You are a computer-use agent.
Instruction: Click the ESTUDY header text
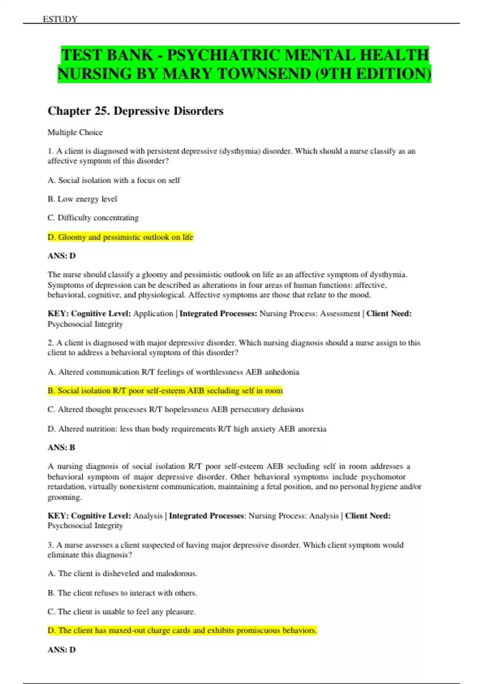point(60,19)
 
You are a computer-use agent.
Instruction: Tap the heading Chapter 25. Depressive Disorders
point(135,111)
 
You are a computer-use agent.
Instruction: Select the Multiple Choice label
point(75,132)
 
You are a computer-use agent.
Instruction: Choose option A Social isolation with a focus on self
point(114,180)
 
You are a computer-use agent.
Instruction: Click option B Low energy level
point(83,199)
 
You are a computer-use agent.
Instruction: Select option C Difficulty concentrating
point(93,218)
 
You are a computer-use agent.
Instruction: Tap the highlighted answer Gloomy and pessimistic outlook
point(120,237)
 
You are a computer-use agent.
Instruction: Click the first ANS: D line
point(62,256)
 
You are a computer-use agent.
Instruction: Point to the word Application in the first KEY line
point(153,314)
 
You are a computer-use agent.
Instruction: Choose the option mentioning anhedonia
point(173,372)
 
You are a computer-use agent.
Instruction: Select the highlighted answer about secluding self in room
point(165,391)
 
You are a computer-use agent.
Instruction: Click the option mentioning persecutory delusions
point(175,410)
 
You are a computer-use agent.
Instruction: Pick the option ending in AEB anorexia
point(187,429)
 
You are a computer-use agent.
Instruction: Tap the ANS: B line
point(61,447)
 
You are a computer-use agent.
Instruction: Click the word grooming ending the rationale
point(64,497)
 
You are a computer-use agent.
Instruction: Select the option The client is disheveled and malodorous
point(122,573)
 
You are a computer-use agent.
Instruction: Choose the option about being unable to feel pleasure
point(122,612)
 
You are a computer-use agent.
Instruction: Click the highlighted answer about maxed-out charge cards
point(182,630)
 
